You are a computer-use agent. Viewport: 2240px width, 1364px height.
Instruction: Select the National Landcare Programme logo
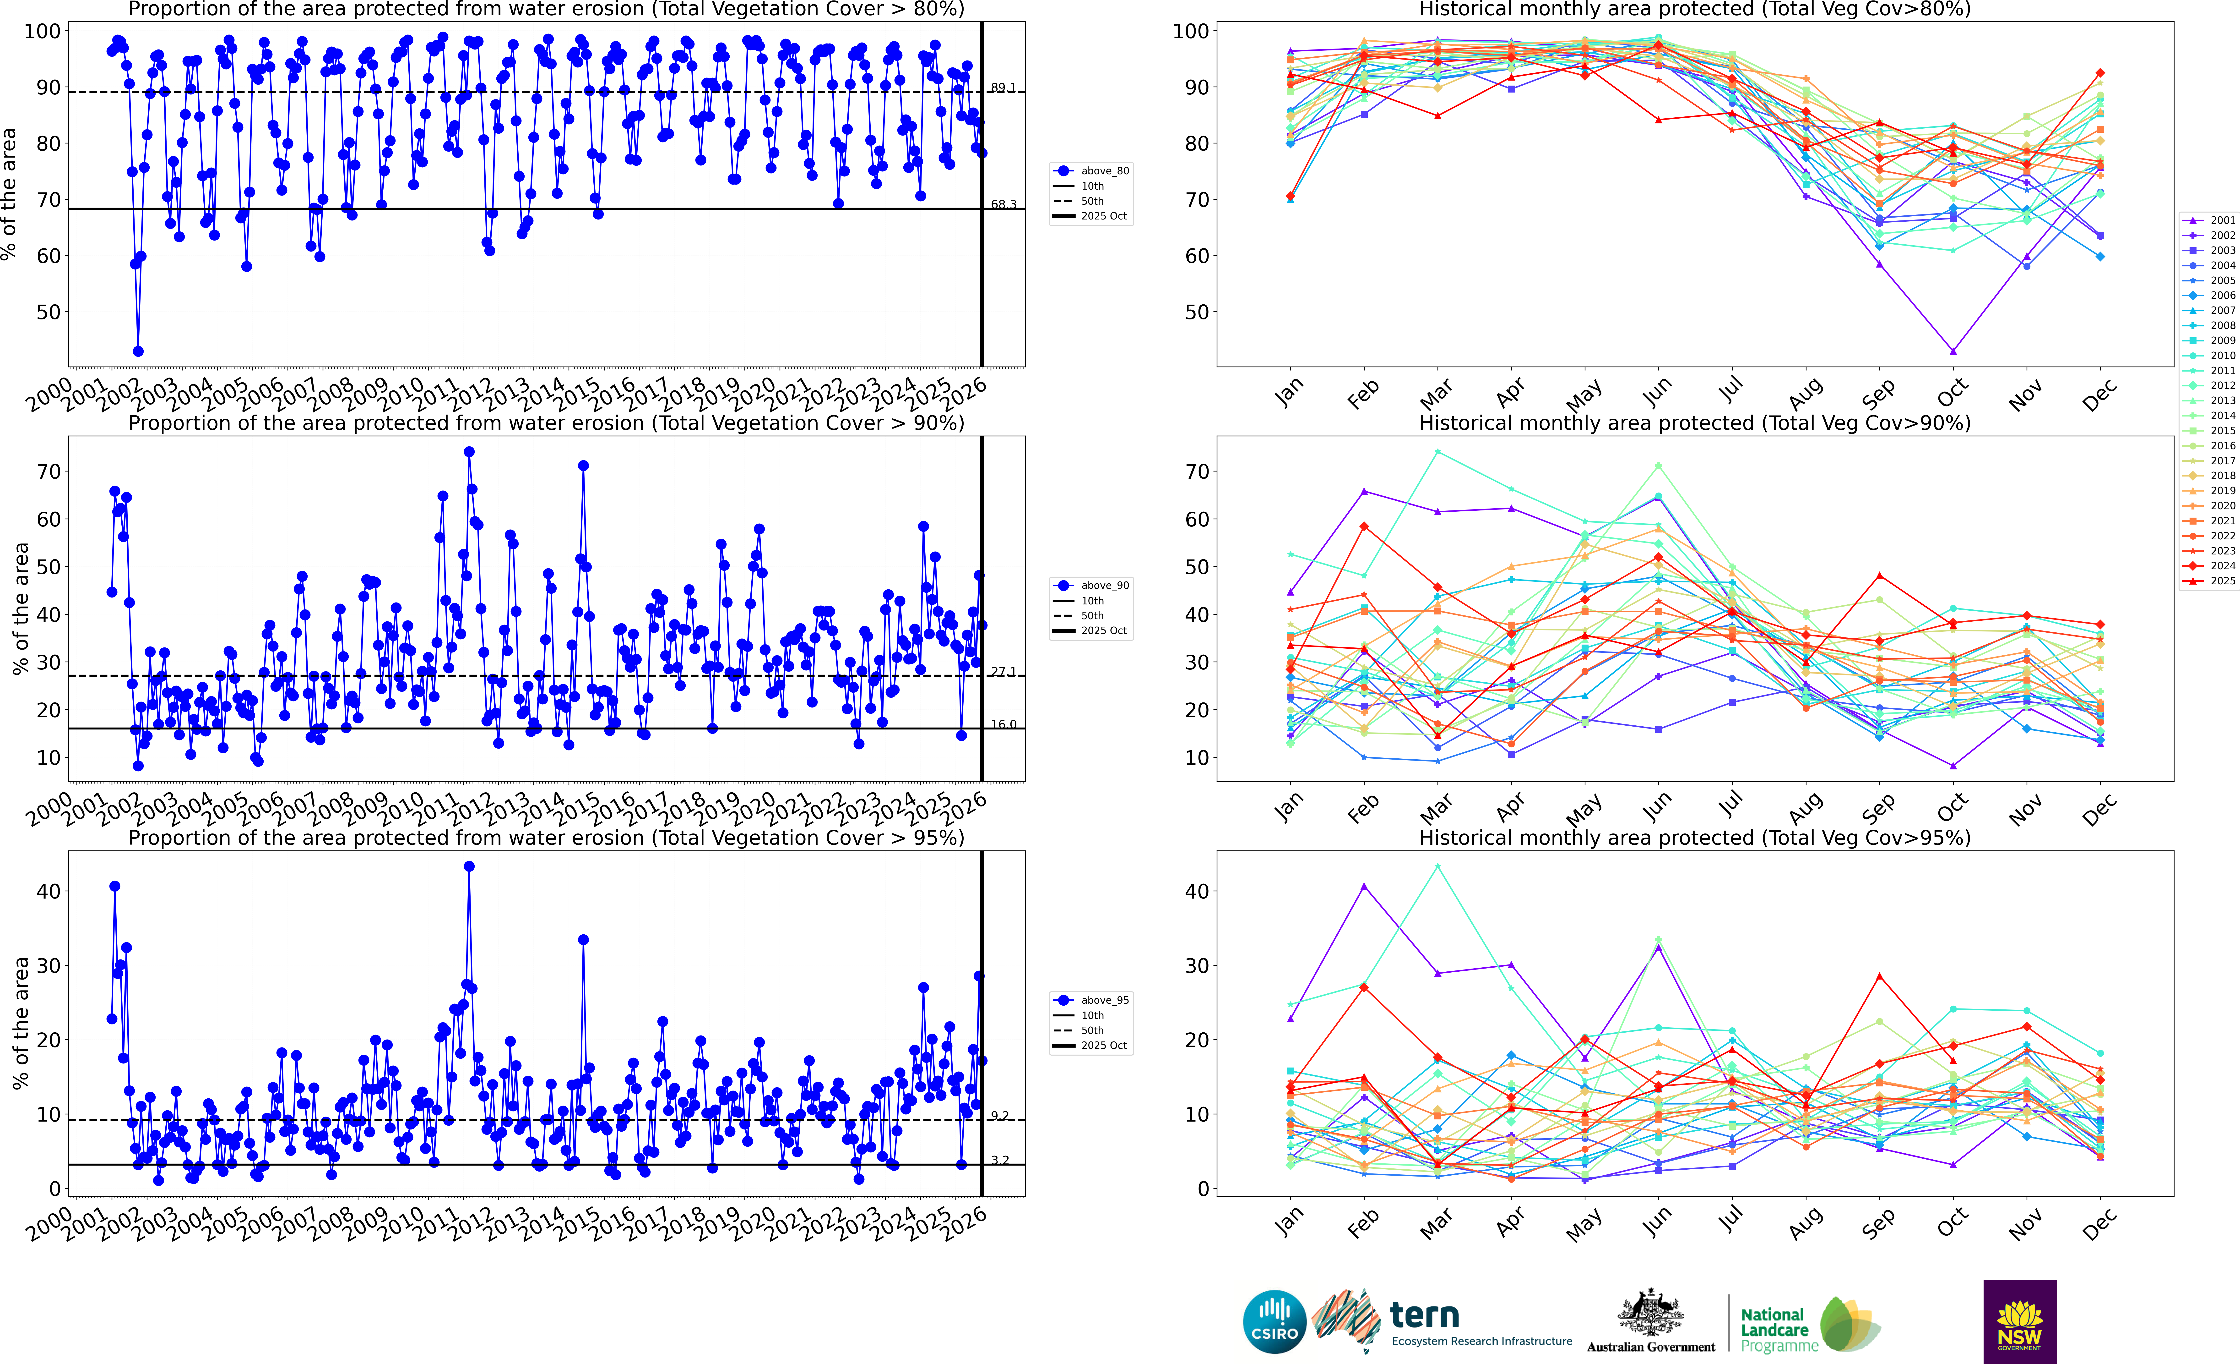pos(1809,1323)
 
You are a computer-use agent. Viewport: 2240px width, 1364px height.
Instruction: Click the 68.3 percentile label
pos(1004,205)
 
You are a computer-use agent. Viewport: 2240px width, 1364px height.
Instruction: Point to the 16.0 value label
pos(1004,725)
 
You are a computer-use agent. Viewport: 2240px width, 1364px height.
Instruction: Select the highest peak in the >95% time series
pos(469,867)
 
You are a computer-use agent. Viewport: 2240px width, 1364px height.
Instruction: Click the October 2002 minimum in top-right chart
pos(1953,351)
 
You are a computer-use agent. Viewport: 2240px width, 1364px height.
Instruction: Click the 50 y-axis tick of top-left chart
pos(43,312)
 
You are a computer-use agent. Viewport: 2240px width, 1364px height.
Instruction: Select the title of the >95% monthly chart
pos(1695,838)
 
